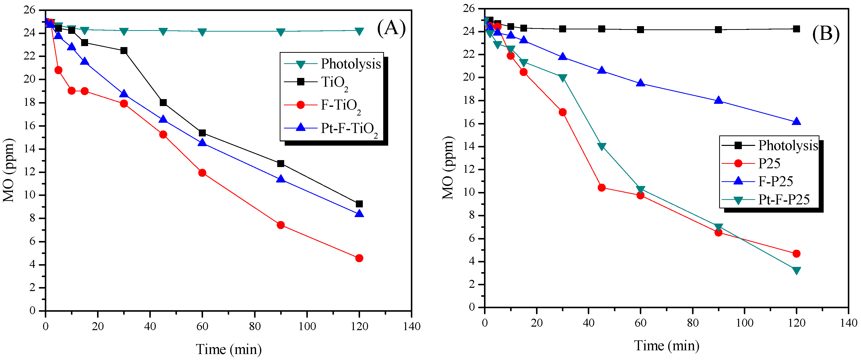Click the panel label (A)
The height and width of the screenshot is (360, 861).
[x=391, y=28]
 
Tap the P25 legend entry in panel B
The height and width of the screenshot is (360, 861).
[x=769, y=164]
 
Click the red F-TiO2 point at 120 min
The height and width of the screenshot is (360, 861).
[x=359, y=258]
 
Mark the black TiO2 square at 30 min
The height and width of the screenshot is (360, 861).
[x=124, y=51]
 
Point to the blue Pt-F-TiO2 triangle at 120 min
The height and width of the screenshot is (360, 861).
[x=359, y=214]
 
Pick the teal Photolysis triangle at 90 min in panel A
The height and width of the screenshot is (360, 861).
[x=281, y=32]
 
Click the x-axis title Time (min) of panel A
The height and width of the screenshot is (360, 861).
[x=229, y=350]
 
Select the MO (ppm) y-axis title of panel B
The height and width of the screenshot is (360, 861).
[x=448, y=168]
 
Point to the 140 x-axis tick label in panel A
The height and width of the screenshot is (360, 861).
[x=411, y=326]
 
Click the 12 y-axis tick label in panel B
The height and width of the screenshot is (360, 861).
[x=470, y=170]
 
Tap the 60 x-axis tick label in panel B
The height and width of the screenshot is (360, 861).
[x=641, y=323]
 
